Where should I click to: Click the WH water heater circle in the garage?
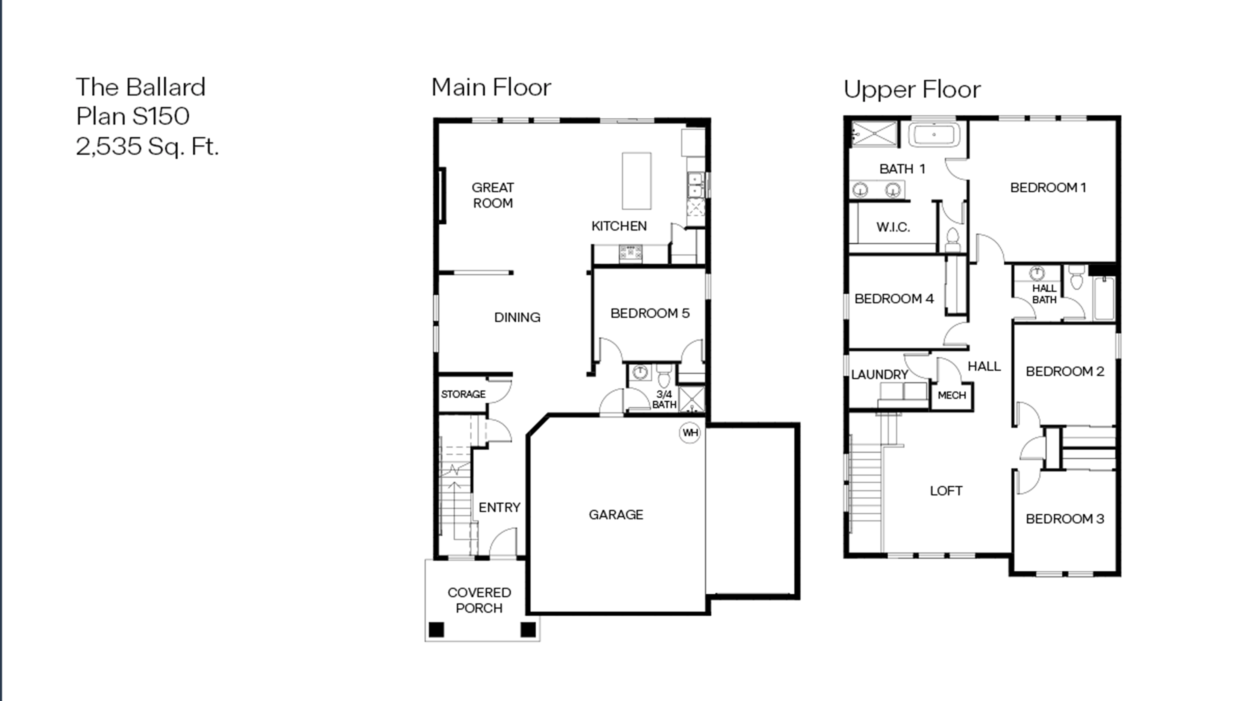(690, 433)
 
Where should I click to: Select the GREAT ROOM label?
(492, 195)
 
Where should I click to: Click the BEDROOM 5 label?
(650, 313)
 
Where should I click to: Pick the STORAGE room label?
(463, 394)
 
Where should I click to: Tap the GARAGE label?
(616, 515)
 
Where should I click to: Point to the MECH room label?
(951, 395)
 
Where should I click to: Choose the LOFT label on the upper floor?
(946, 491)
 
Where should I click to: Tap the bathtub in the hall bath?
(1104, 298)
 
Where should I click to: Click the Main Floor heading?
(491, 87)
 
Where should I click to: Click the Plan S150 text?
(133, 116)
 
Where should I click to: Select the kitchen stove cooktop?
(631, 253)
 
